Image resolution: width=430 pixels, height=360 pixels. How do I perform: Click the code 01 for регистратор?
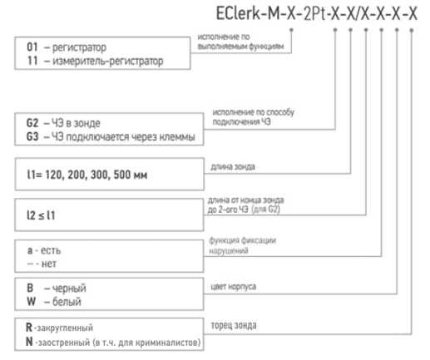(32, 47)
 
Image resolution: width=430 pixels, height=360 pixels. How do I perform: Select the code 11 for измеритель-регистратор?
(32, 61)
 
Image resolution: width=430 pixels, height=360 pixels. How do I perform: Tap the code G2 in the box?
(32, 123)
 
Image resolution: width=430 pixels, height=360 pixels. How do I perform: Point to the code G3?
(32, 136)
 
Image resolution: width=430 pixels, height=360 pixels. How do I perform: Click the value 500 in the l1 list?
(121, 175)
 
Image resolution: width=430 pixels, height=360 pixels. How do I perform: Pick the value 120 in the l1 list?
(53, 175)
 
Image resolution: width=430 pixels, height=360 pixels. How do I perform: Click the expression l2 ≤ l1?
(41, 215)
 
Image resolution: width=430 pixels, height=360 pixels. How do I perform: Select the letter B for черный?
(30, 288)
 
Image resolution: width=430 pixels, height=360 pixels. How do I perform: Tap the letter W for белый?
(31, 301)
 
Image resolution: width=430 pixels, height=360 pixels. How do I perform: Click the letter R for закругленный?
(29, 328)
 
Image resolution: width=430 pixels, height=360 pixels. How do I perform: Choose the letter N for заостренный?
(29, 342)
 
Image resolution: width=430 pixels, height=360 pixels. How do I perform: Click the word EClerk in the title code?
(238, 13)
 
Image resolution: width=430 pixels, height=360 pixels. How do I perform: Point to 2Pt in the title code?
(314, 13)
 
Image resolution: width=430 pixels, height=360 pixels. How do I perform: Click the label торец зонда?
(234, 325)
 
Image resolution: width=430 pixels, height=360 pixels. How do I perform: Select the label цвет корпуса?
(234, 287)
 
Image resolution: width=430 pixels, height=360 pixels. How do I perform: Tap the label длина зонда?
(233, 166)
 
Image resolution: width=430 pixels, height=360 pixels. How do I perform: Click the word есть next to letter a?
(51, 250)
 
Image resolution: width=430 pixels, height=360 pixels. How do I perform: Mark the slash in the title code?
(358, 13)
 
